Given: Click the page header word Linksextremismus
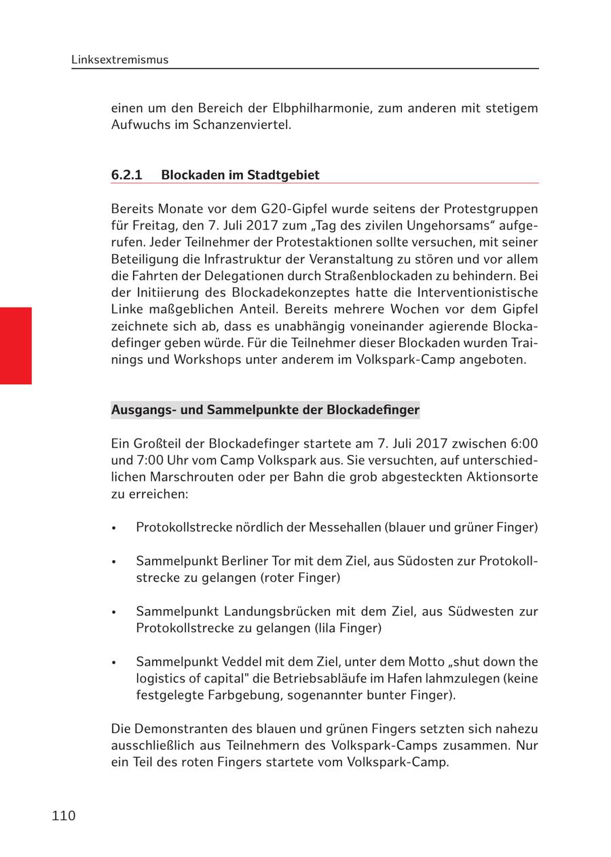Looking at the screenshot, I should (119, 60).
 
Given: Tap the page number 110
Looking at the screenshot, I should (64, 816).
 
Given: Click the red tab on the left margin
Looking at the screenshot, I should (16, 346).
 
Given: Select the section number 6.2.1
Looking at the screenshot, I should (127, 175).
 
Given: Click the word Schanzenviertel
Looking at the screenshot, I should (242, 125).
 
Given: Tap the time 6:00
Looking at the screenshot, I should (523, 443).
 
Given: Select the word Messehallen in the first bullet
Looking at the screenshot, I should (345, 527).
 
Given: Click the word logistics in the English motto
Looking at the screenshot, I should (162, 678).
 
